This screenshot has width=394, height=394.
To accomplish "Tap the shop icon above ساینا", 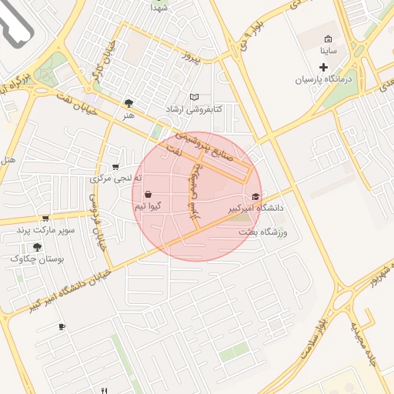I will [329, 39].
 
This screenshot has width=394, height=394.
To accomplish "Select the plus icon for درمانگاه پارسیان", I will [323, 68].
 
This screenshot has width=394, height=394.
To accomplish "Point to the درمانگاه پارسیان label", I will [323, 79].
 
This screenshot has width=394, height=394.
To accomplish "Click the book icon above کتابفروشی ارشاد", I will [194, 97].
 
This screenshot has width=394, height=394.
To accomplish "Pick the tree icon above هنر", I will [129, 102].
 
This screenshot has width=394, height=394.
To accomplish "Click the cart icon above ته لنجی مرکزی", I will [115, 166].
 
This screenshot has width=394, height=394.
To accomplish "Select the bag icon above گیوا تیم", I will [147, 195].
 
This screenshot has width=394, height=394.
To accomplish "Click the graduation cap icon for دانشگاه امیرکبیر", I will [255, 196].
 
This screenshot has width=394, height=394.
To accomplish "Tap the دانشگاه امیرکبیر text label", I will [255, 209].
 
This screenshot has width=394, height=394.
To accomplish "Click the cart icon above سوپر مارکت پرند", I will [45, 219].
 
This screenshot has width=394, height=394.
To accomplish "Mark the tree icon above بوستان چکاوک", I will [37, 247].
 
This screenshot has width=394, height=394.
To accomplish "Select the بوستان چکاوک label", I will [37, 259].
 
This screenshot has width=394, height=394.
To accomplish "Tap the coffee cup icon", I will [62, 327].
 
